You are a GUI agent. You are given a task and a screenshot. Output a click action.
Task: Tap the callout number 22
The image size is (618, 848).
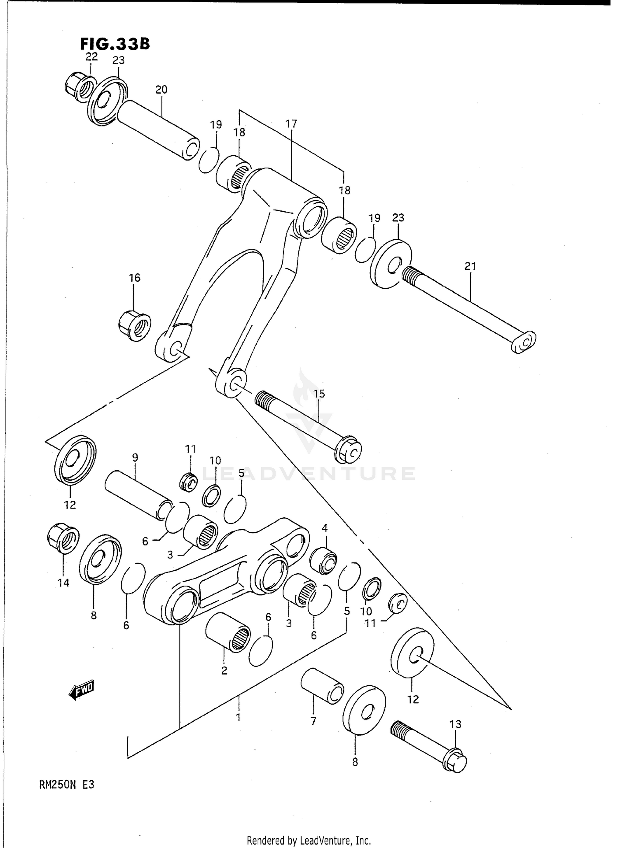click(x=91, y=57)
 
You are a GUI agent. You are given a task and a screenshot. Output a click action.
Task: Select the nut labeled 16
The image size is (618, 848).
click(x=135, y=326)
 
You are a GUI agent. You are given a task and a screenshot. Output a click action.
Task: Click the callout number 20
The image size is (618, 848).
click(x=161, y=89)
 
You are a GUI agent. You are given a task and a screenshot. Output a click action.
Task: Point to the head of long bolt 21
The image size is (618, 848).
click(x=524, y=341)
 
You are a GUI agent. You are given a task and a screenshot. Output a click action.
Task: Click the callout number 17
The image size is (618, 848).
click(x=291, y=124)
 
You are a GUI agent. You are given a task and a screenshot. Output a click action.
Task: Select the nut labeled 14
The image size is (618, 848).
click(x=63, y=540)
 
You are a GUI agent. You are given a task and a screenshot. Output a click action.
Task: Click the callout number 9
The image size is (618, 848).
click(x=135, y=457)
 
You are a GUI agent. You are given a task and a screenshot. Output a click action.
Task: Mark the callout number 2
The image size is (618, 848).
click(x=224, y=671)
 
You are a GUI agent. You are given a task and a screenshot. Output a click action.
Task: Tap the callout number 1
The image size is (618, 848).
click(x=238, y=717)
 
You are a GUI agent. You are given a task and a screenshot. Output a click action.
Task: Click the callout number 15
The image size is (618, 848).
click(x=319, y=394)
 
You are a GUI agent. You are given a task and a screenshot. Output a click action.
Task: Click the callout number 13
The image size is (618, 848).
click(x=455, y=724)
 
